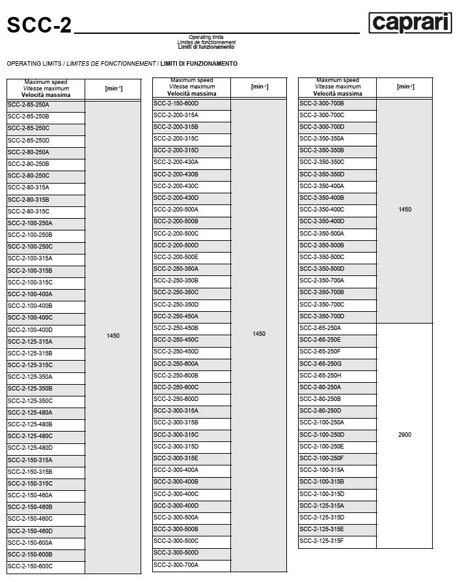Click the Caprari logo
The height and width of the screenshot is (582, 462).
point(410,23)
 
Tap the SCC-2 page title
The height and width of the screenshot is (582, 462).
point(39,25)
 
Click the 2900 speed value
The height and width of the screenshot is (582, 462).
point(404,435)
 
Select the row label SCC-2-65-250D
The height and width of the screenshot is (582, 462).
point(29,141)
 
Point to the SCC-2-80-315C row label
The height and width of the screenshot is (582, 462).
point(29,212)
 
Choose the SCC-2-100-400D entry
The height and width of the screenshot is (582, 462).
point(30,330)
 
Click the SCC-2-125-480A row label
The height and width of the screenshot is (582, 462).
point(30,413)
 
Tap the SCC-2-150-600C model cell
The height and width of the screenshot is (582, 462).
point(30,566)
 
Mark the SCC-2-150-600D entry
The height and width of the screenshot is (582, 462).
point(176,104)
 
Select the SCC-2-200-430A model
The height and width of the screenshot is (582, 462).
point(176,162)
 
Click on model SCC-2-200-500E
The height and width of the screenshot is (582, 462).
point(176,257)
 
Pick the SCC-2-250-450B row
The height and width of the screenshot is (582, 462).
point(176,328)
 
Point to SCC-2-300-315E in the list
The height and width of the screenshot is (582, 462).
point(176,458)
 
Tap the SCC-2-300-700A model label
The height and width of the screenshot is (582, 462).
point(176,565)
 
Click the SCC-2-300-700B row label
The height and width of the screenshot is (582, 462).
point(321,104)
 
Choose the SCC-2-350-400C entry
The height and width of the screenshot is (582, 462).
point(321,210)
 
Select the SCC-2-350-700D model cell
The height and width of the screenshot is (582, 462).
point(321,316)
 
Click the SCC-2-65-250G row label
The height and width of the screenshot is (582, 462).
point(320,363)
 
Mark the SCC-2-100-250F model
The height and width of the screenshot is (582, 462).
point(321,458)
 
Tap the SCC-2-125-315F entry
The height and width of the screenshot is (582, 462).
point(321,541)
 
